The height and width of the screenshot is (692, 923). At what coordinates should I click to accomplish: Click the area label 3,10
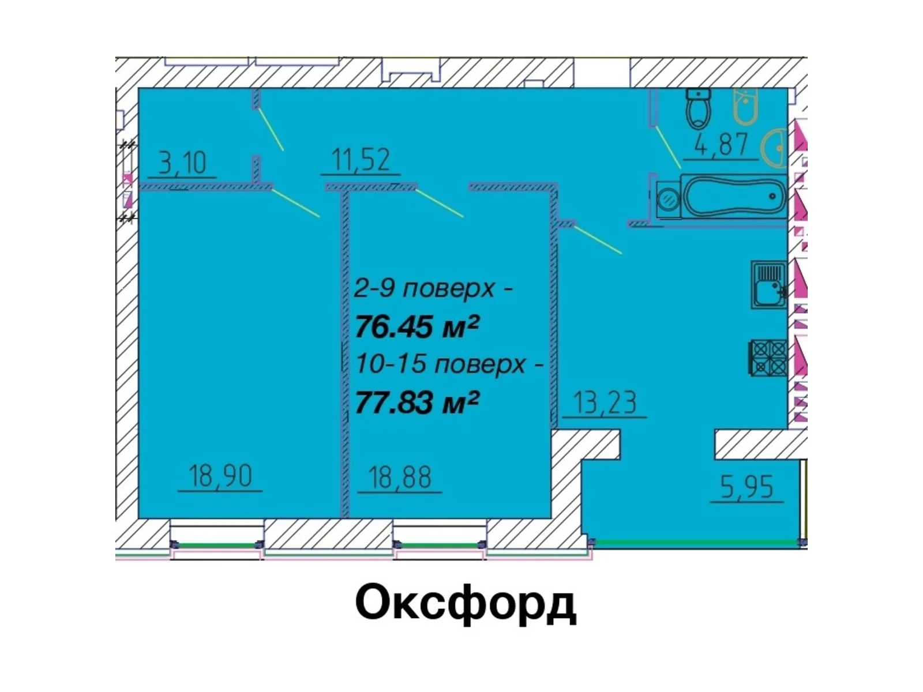pos(182,163)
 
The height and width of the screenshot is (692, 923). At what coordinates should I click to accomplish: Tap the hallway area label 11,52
pos(361,160)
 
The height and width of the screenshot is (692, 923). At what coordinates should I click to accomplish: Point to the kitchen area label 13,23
pos(605,402)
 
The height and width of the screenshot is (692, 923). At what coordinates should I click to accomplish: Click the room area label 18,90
pos(220,476)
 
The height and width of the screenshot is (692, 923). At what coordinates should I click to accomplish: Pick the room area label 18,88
pos(399,477)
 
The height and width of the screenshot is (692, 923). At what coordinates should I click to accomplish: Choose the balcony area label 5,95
pos(747,487)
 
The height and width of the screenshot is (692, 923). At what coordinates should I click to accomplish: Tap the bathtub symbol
pos(734,196)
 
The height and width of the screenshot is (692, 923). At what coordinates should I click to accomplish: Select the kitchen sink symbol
pos(769,284)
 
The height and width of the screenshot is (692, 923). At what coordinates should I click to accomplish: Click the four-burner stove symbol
pos(767,357)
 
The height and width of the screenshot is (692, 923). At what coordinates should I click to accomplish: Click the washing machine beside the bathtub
pos(668,200)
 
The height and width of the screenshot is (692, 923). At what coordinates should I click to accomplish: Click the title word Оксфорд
pos(466,604)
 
